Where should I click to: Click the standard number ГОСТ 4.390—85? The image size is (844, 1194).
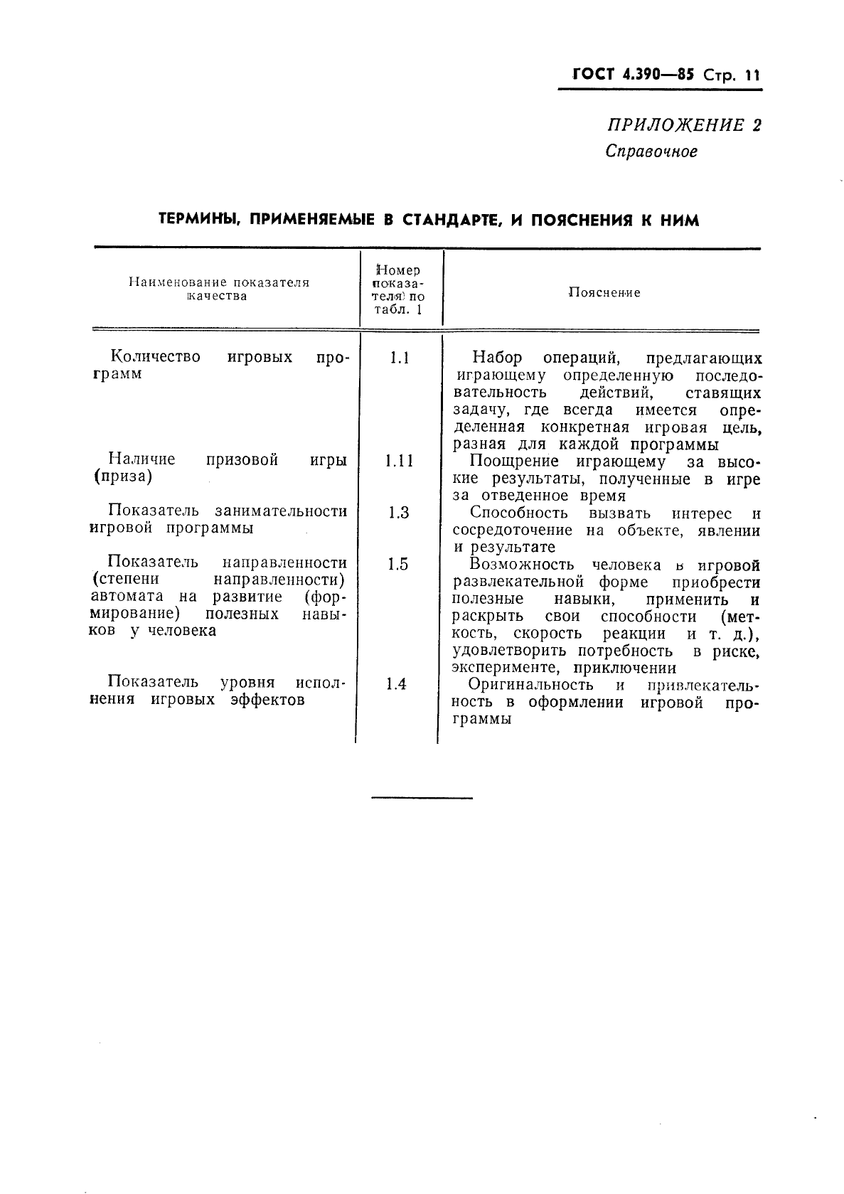[x=625, y=75]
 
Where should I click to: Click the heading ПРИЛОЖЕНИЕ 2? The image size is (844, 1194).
[x=683, y=126]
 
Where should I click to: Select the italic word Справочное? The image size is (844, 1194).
[x=651, y=151]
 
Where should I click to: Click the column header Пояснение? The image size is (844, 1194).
[x=604, y=292]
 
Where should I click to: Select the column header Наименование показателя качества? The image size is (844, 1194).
[x=219, y=289]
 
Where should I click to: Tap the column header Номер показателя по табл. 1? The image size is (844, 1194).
[x=398, y=289]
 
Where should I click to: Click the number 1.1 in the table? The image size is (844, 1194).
[x=399, y=358]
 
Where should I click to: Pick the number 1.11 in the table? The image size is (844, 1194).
[x=399, y=461]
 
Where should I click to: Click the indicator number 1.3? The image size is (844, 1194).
[x=399, y=513]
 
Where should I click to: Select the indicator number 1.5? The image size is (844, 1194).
[x=398, y=565]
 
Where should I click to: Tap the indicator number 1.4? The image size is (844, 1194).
[x=396, y=684]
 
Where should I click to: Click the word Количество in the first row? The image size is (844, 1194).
[x=156, y=356]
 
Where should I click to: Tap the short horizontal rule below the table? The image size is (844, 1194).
[x=422, y=798]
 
